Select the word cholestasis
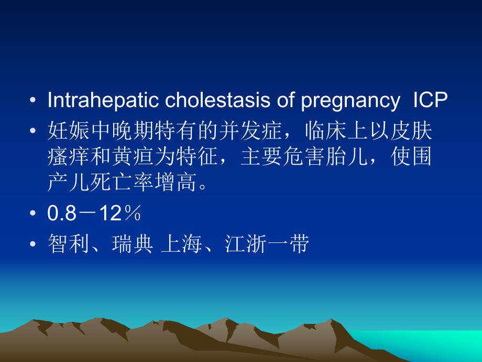201,101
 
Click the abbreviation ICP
429,101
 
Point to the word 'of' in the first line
286,101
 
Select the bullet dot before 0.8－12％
34,215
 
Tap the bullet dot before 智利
34,244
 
